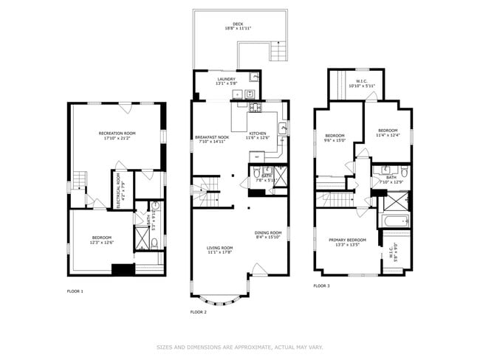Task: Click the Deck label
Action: click(x=238, y=24)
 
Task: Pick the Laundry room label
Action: click(x=226, y=79)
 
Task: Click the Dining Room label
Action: click(x=268, y=232)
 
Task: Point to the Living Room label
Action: click(x=219, y=247)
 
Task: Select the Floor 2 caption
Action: click(x=198, y=312)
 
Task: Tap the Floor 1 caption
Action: click(x=75, y=291)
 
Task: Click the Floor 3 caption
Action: click(x=321, y=285)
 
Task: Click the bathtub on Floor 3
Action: click(x=393, y=220)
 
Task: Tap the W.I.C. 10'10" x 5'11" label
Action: click(x=362, y=82)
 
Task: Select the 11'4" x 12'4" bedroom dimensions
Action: click(x=388, y=135)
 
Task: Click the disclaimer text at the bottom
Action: click(x=240, y=346)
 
